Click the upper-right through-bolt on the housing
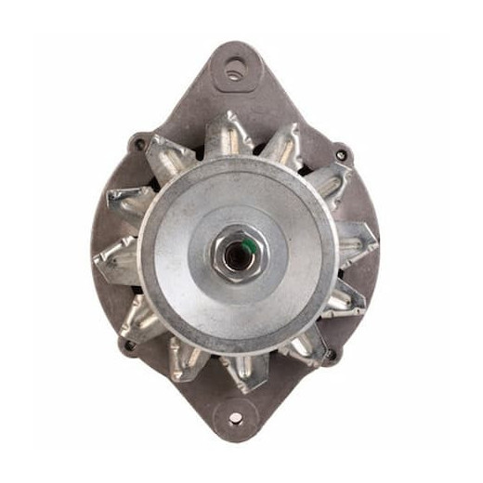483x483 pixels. (341, 149)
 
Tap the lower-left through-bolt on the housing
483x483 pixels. (127, 346)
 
